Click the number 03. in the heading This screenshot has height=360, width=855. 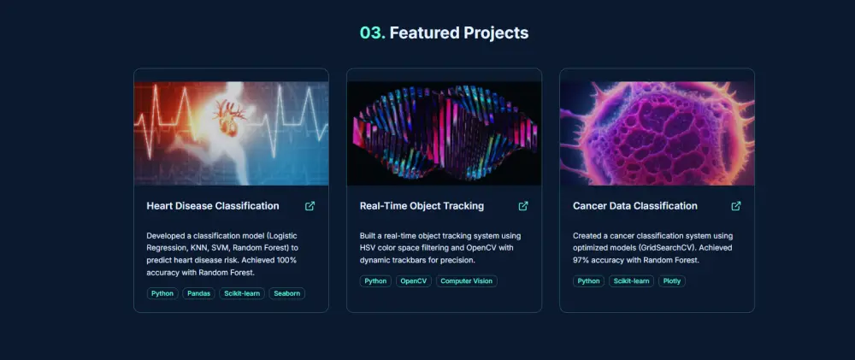click(372, 32)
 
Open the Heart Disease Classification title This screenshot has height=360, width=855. click(213, 206)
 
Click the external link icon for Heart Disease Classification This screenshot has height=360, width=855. click(310, 206)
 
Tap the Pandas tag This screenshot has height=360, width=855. click(198, 293)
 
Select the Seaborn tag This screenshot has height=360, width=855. click(286, 293)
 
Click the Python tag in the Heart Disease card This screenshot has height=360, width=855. click(162, 293)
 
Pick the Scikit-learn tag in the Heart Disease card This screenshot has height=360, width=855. click(242, 293)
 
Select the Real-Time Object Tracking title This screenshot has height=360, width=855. click(422, 206)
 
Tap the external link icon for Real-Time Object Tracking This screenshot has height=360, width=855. click(523, 206)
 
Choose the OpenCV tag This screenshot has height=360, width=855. click(414, 280)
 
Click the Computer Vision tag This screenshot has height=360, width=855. click(466, 280)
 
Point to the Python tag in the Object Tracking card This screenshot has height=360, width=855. click(375, 280)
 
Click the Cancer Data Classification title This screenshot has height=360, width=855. click(634, 206)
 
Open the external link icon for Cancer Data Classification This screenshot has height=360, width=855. click(736, 206)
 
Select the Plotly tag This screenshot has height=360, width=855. click(672, 280)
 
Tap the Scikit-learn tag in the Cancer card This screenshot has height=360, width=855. click(631, 280)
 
